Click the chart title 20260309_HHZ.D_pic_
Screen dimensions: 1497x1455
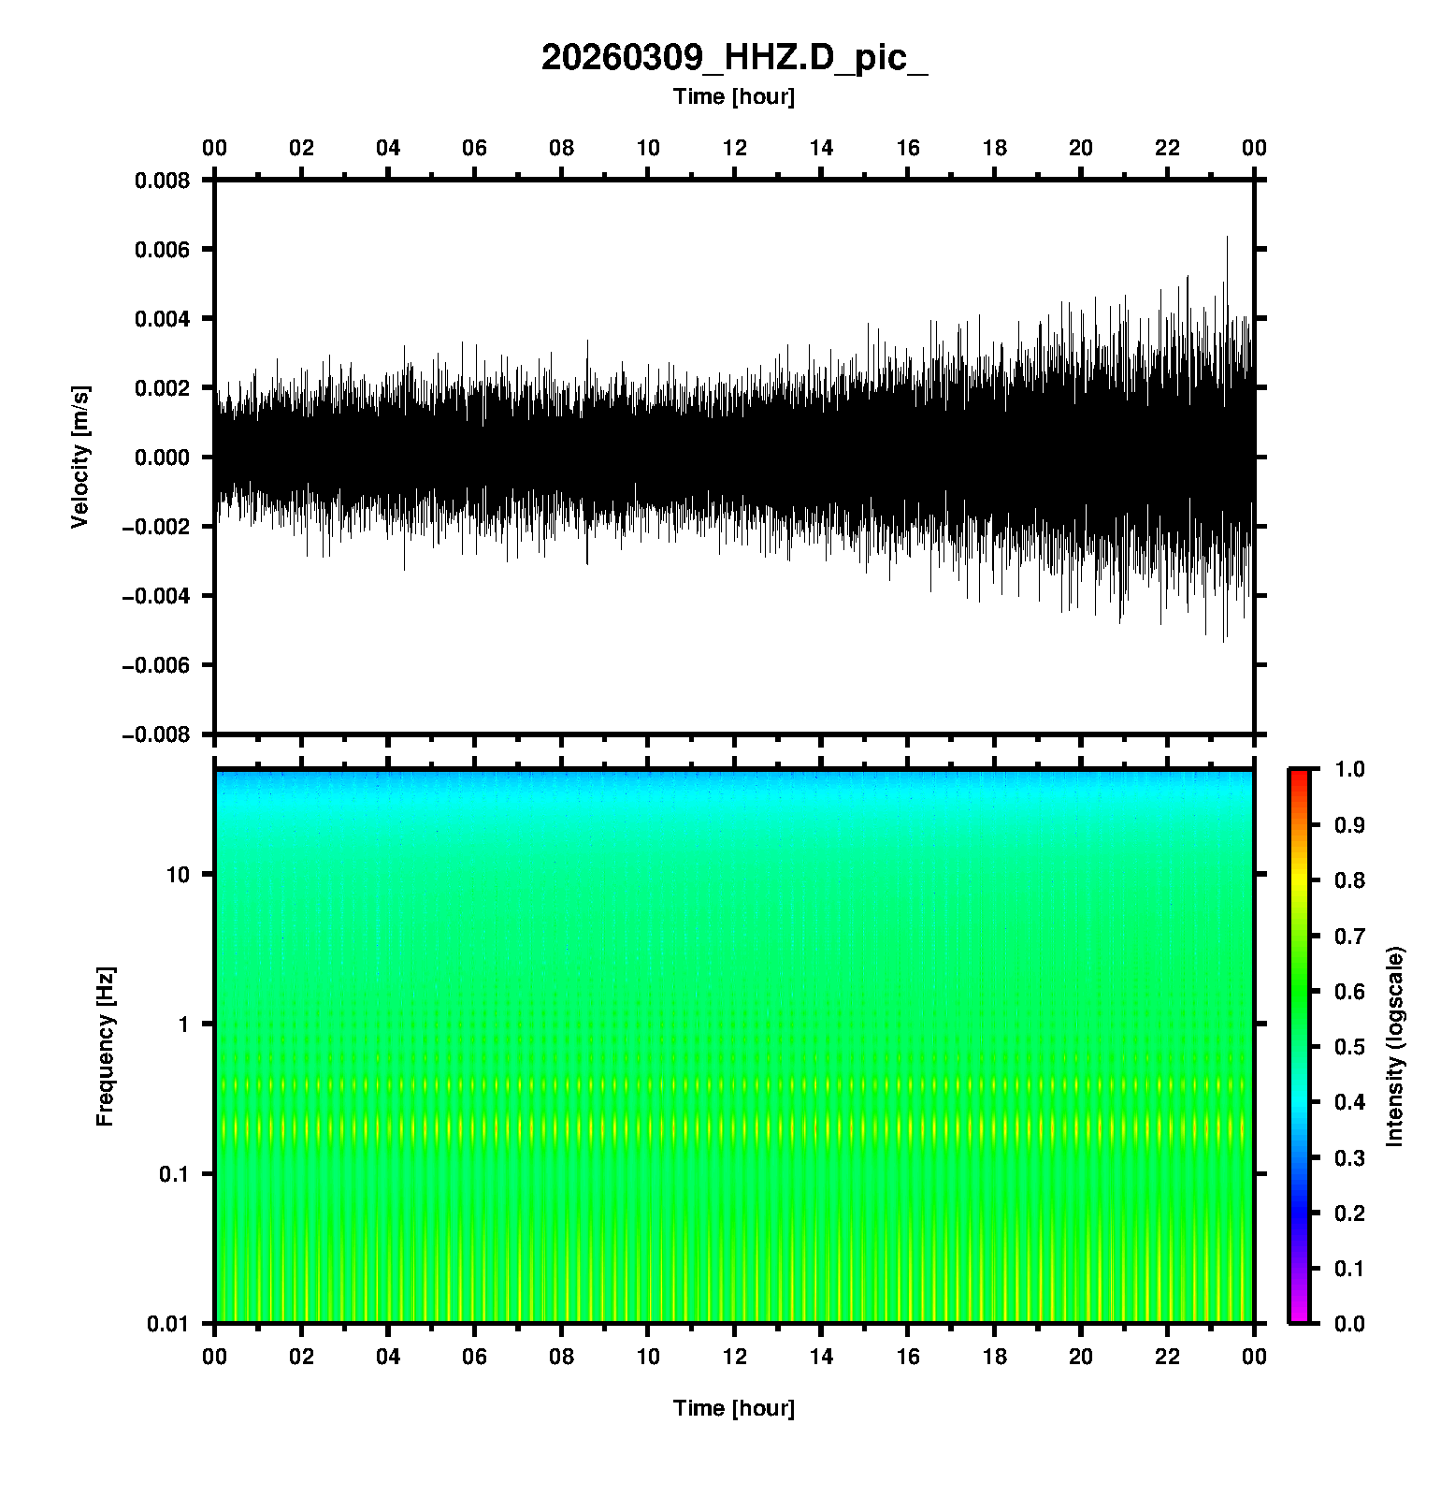(x=734, y=58)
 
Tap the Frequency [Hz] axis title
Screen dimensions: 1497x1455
(x=105, y=1047)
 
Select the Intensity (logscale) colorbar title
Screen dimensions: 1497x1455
(x=1395, y=1046)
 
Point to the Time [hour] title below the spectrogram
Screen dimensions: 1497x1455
(x=734, y=1408)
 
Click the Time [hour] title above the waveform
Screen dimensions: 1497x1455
(x=734, y=96)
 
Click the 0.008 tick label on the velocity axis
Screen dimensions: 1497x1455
(x=163, y=180)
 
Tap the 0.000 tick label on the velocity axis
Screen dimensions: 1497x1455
(x=163, y=457)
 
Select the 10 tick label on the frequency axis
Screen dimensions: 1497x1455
(x=179, y=875)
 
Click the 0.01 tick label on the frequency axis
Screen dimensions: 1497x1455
(x=169, y=1323)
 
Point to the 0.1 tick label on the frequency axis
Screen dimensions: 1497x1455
(x=174, y=1174)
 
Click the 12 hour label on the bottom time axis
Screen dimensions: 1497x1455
(x=735, y=1357)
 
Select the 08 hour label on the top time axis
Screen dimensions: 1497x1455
(x=561, y=148)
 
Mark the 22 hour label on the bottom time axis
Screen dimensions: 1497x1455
(x=1168, y=1357)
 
